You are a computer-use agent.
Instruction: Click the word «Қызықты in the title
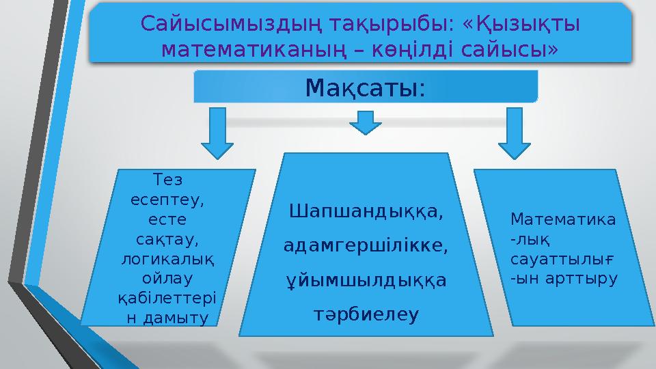coord(521,24)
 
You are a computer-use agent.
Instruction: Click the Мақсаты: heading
coord(366,87)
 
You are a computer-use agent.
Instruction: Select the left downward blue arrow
coord(217,134)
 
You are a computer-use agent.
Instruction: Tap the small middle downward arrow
coord(366,122)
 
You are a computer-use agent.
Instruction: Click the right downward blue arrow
coord(515,134)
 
